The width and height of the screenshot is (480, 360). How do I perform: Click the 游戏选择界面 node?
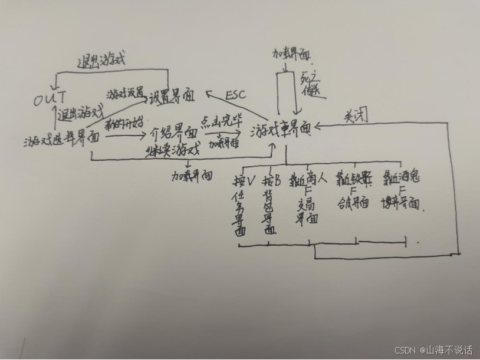(x=61, y=139)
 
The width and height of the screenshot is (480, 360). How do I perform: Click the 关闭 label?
(x=356, y=116)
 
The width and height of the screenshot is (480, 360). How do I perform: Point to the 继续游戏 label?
(x=173, y=149)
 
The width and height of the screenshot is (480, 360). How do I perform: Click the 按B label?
(x=272, y=179)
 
